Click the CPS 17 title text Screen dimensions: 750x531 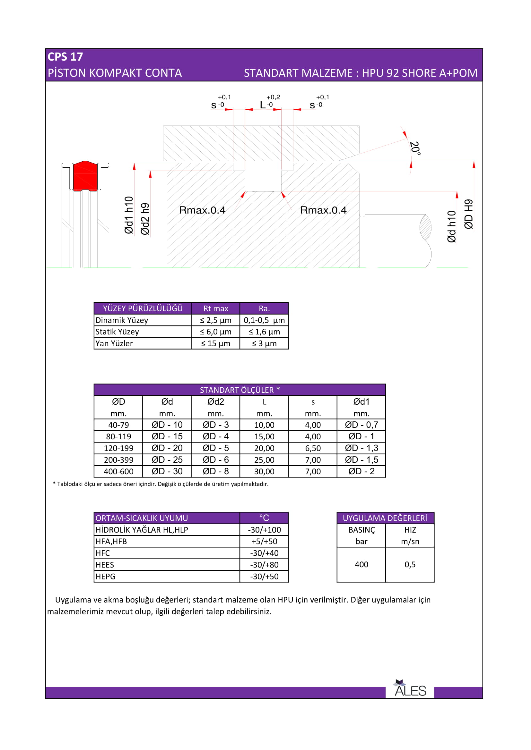pyautogui.click(x=65, y=57)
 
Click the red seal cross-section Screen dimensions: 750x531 pyautogui.click(x=85, y=176)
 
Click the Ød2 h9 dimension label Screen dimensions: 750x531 pyautogui.click(x=145, y=219)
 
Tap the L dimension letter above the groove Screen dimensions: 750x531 pyautogui.click(x=263, y=105)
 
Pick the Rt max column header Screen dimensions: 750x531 pyautogui.click(x=215, y=308)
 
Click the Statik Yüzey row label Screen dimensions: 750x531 pyautogui.click(x=117, y=332)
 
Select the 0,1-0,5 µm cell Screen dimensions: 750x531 pyautogui.click(x=264, y=320)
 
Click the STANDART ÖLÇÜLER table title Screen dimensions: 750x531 pyautogui.click(x=240, y=390)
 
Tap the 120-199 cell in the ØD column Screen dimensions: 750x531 pyautogui.click(x=118, y=448)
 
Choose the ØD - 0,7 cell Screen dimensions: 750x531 pyautogui.click(x=361, y=425)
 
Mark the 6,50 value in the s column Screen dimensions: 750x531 pyautogui.click(x=313, y=448)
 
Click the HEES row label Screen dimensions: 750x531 pyautogui.click(x=105, y=565)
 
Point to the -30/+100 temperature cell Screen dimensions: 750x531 pyautogui.click(x=264, y=530)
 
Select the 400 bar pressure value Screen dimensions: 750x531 pyautogui.click(x=361, y=564)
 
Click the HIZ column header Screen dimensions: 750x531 pyautogui.click(x=410, y=530)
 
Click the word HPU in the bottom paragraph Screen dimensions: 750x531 pyautogui.click(x=285, y=600)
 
